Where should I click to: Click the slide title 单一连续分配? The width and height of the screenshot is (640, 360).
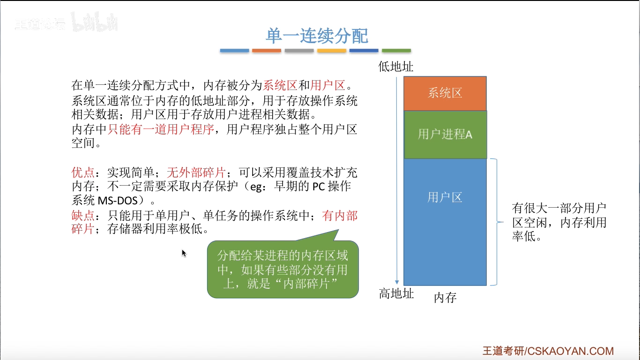point(317,36)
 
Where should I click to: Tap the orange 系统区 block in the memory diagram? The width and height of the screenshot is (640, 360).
point(445,93)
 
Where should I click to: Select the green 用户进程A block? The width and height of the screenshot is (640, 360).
point(445,135)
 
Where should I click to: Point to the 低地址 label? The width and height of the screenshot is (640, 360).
point(396,67)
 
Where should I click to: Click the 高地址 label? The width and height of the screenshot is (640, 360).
point(396,294)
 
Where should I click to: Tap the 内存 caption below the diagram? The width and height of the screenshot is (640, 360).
point(445,298)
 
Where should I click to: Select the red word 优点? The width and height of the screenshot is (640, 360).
point(83,172)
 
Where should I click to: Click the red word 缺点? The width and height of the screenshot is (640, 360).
point(83,216)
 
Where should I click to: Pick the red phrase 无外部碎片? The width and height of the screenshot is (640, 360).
point(196,172)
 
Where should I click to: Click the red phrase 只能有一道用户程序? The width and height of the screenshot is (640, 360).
point(161,129)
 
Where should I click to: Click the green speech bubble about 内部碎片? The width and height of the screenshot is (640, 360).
point(283,270)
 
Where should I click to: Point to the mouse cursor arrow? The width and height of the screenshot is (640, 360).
point(184,253)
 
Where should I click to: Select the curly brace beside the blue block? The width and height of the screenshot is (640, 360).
point(494,222)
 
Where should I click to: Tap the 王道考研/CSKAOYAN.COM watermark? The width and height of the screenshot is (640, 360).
point(548,351)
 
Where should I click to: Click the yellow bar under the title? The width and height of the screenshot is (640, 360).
point(331,51)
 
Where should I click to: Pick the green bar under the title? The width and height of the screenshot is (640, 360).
point(396,51)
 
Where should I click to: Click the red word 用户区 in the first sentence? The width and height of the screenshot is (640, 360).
point(327,86)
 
